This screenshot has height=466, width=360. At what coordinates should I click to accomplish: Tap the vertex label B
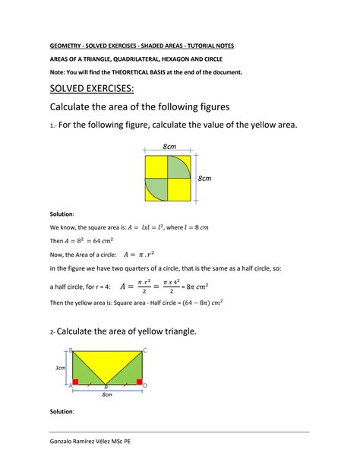71,350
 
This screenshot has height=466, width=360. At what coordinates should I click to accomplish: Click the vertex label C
144,350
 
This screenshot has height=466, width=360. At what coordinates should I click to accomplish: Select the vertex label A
70,385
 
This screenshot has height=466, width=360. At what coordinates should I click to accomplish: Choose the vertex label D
145,385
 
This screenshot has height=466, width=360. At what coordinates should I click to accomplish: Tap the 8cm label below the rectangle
107,395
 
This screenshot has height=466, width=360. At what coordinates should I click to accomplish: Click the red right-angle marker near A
75,381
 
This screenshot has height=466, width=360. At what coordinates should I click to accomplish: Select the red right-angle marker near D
139,381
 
